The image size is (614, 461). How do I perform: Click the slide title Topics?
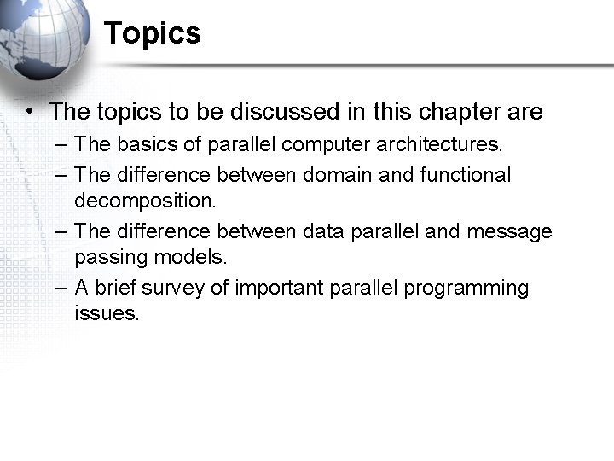153,34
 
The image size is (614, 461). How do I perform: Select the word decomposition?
146,201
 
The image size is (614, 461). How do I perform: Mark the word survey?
176,289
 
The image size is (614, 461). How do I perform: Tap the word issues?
106,313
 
